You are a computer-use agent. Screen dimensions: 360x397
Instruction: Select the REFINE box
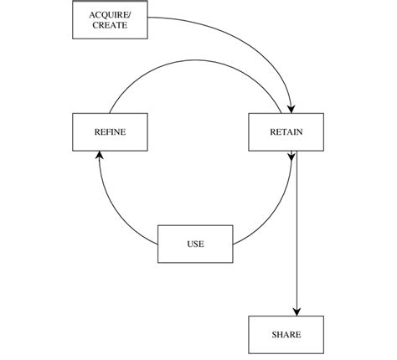coord(110,131)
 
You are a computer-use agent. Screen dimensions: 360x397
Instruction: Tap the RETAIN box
coord(286,131)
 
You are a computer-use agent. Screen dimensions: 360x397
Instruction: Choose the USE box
coord(195,244)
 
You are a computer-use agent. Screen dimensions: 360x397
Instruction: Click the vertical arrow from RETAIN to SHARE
coord(297,234)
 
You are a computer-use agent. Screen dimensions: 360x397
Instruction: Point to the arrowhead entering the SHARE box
coord(297,309)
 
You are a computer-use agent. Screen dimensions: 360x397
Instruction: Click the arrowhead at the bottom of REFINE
coord(99,156)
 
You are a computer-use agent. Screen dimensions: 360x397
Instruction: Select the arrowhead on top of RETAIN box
coord(291,106)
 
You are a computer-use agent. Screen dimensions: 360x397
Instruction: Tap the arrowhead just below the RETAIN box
coord(291,157)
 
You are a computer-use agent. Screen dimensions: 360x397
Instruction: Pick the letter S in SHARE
coord(275,335)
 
